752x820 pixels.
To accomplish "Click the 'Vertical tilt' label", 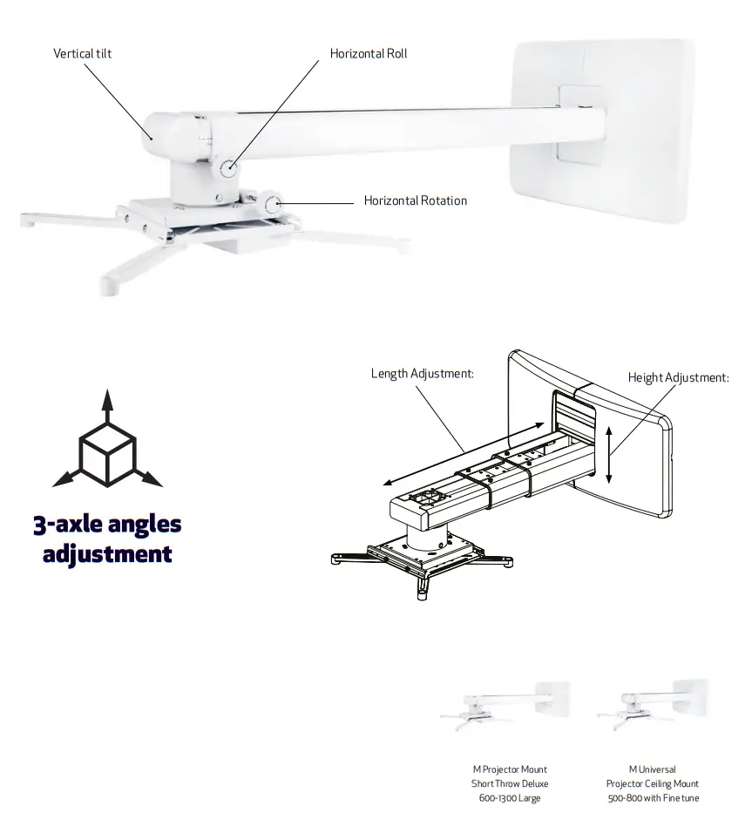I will [x=83, y=54].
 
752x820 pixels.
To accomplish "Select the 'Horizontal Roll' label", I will [x=368, y=54].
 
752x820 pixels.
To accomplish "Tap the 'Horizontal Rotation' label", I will [x=415, y=200].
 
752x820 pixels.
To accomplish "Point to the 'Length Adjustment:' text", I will [x=422, y=373].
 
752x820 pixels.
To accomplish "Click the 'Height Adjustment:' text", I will [x=678, y=377].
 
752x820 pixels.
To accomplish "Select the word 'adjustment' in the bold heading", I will [x=107, y=553].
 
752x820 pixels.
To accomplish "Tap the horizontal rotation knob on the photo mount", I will [x=274, y=206].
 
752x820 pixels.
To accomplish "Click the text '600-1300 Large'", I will [x=510, y=797].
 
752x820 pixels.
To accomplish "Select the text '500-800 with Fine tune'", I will [x=653, y=797].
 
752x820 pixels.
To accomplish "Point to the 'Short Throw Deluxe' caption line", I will [x=510, y=783].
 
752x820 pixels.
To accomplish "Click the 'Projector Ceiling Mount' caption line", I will [x=653, y=783].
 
